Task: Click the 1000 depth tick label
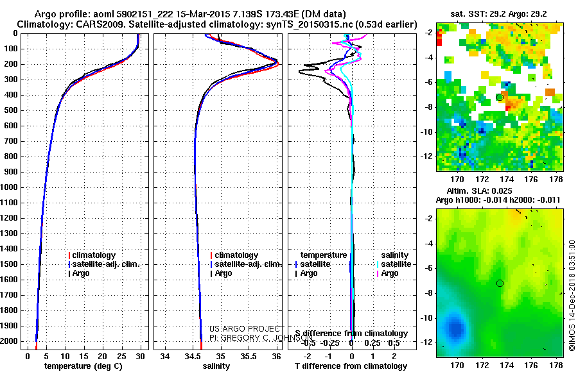[x=10, y=187]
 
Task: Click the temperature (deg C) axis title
[x=84, y=366]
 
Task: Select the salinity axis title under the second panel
[x=216, y=366]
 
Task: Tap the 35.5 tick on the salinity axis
[x=249, y=356]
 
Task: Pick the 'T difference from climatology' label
[x=351, y=366]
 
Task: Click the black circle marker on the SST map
[x=500, y=97]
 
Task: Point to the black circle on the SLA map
[x=500, y=283]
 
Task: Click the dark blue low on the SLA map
[x=456, y=327]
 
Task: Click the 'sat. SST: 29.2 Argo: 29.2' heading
[x=498, y=12]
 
